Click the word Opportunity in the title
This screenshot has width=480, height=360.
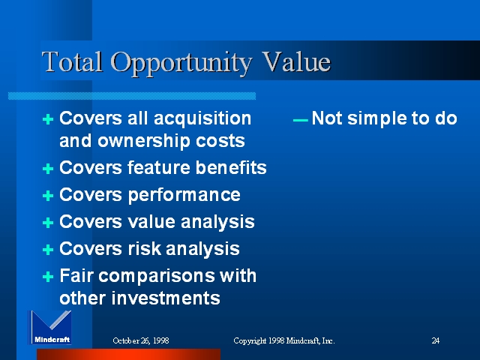[181, 64]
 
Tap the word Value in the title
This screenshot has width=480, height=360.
[297, 61]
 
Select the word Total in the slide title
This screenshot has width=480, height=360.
[72, 61]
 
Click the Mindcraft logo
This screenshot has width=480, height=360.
[50, 328]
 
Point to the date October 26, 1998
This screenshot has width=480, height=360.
[141, 340]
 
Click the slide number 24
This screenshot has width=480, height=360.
[436, 340]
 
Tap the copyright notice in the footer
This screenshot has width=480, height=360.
[284, 340]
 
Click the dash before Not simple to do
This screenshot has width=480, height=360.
[300, 120]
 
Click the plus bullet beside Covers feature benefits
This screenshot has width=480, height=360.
[48, 169]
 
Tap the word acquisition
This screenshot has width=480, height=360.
[202, 119]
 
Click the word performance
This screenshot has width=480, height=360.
[184, 195]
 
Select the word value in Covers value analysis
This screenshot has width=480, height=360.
[151, 221]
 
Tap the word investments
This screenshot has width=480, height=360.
[166, 298]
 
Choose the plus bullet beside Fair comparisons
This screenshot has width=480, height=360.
[48, 277]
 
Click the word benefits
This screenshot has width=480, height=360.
[231, 168]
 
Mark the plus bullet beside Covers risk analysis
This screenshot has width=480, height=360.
[48, 250]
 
